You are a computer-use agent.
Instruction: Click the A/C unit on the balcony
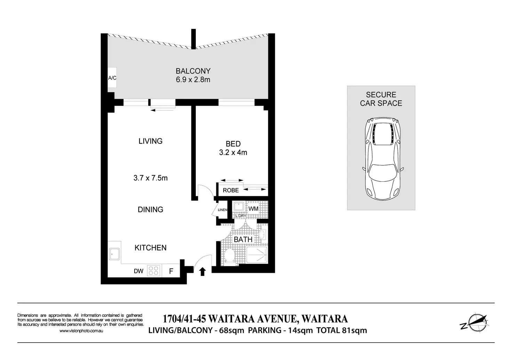click(112, 77)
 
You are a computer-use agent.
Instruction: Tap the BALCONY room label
click(193, 71)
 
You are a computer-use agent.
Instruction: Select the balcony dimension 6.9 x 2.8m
click(193, 80)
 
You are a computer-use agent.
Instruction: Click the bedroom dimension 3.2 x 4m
click(233, 153)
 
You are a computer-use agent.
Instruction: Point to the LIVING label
click(150, 141)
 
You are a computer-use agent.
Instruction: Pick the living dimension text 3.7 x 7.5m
click(150, 178)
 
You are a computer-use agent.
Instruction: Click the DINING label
click(150, 210)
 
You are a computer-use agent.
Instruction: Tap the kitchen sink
click(114, 254)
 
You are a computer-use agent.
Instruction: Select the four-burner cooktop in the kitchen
click(153, 271)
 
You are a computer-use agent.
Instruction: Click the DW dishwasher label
click(138, 271)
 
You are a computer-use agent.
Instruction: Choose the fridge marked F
click(171, 271)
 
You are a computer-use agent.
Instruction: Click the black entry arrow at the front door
click(202, 272)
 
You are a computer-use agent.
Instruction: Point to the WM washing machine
click(253, 208)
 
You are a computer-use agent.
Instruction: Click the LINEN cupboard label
click(222, 210)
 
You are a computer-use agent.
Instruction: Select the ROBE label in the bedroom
click(231, 190)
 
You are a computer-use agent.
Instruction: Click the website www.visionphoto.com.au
click(81, 331)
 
